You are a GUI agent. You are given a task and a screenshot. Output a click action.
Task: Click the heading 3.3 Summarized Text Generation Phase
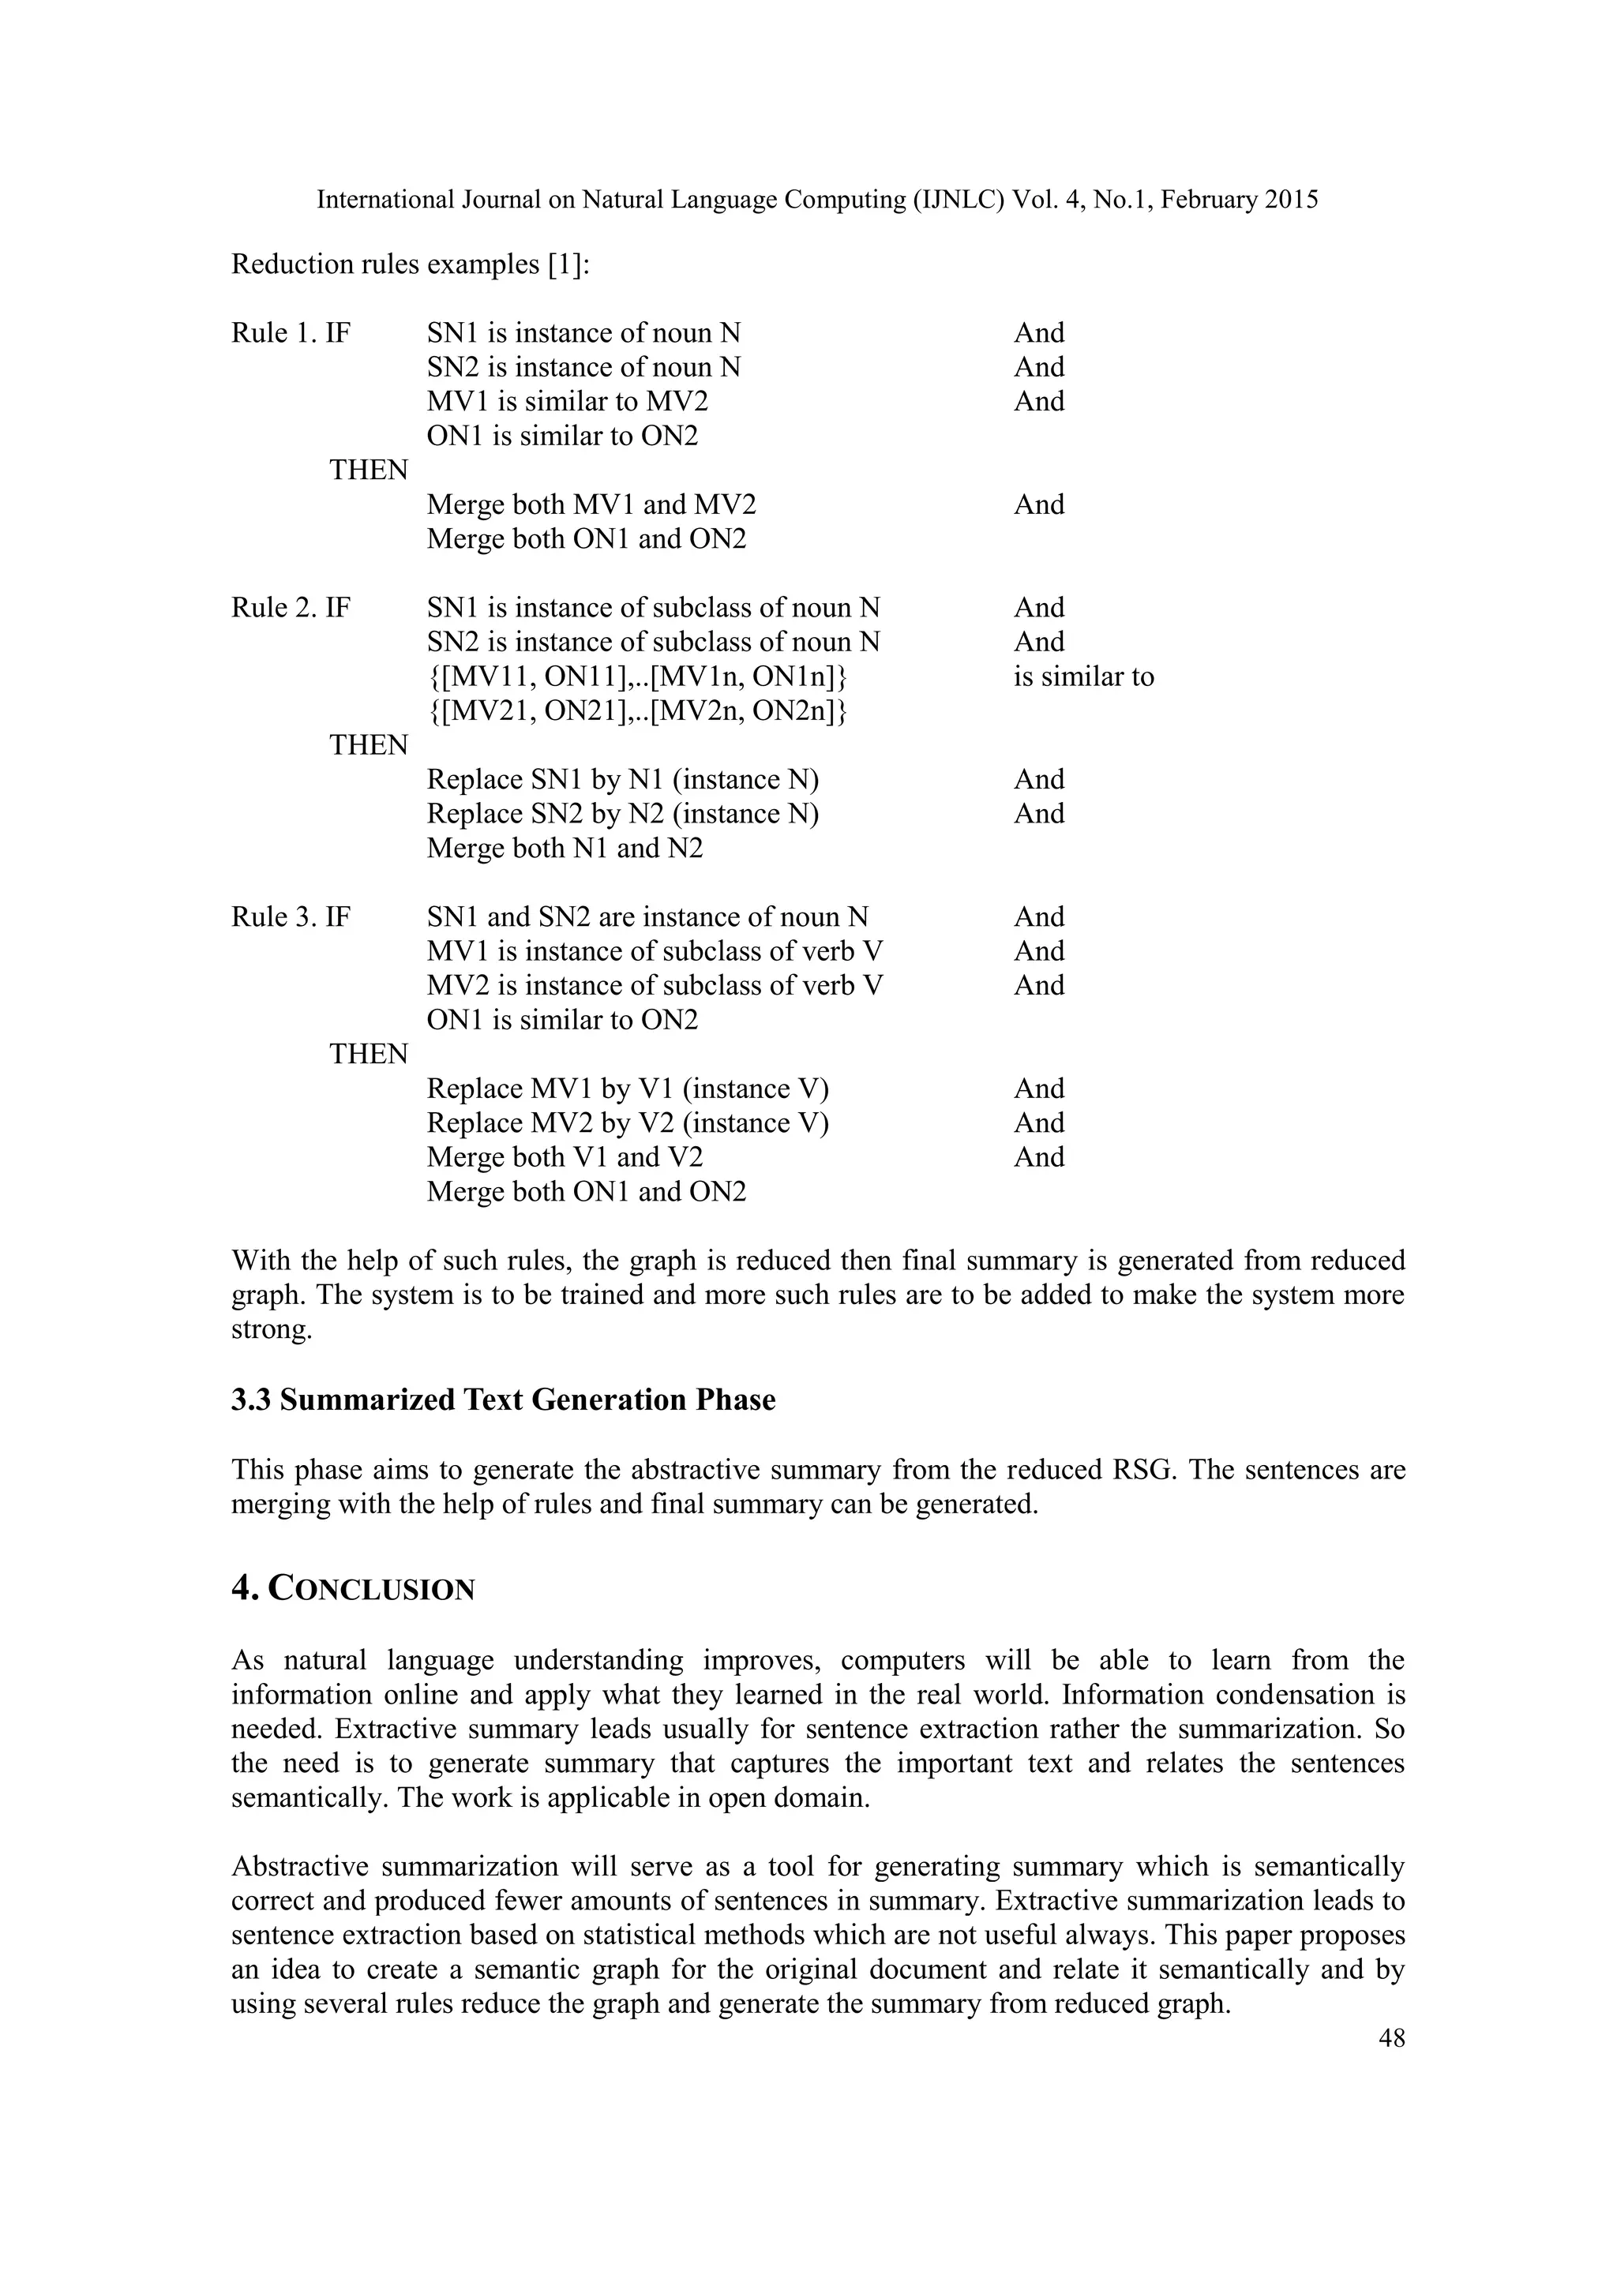(x=503, y=1399)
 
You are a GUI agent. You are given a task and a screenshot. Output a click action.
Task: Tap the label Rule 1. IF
(x=291, y=332)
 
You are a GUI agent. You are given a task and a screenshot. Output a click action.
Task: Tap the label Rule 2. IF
(x=291, y=607)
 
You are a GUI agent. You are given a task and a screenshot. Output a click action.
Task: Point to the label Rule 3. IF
(x=291, y=916)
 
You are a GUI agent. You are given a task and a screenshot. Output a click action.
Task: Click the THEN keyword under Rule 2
(x=369, y=744)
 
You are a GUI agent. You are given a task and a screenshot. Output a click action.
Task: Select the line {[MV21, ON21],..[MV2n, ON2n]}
(x=637, y=711)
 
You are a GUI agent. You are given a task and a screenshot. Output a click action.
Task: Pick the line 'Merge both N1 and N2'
(x=565, y=849)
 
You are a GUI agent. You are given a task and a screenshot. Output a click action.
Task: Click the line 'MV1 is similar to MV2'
(x=568, y=401)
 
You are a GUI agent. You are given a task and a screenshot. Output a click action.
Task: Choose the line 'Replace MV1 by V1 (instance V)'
(x=627, y=1089)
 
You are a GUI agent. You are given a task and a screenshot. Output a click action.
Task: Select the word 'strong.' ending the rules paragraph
(x=272, y=1329)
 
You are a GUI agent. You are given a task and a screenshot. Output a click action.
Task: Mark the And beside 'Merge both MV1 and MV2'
(x=1038, y=504)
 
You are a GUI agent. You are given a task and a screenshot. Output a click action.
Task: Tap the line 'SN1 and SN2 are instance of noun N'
(x=647, y=916)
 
